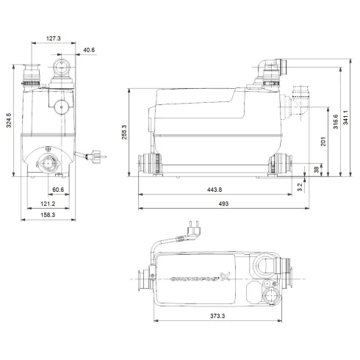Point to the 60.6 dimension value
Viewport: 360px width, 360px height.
[x=57, y=190]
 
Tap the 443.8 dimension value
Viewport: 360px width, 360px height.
[x=215, y=190]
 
